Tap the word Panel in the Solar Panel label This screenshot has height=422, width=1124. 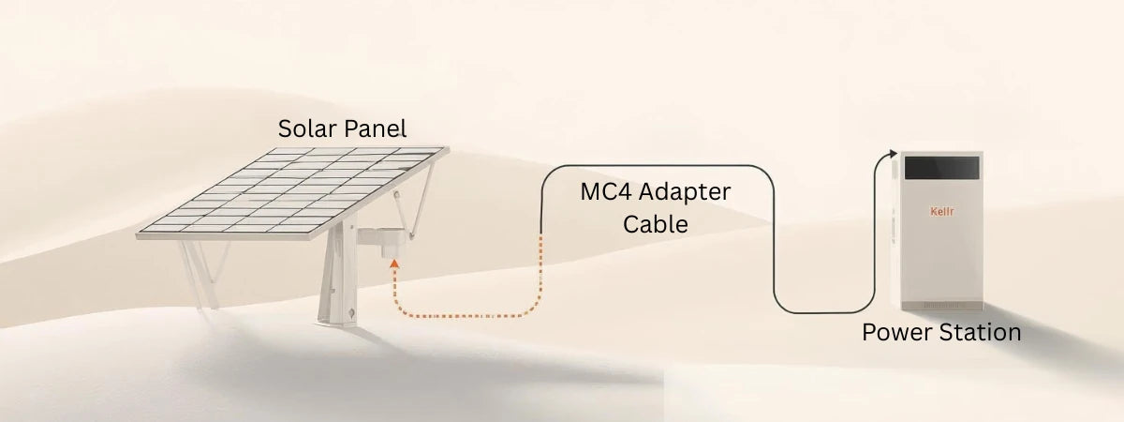point(375,129)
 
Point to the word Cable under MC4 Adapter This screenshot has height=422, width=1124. point(656,225)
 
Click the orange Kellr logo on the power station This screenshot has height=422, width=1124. point(940,211)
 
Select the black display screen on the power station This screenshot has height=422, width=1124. point(940,171)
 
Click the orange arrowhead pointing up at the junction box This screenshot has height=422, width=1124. point(395,265)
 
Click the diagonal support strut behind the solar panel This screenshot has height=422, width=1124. point(426,192)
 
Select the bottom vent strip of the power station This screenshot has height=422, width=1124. point(939,305)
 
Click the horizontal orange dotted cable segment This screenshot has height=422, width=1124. point(468,316)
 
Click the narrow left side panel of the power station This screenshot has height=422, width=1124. point(895,234)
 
